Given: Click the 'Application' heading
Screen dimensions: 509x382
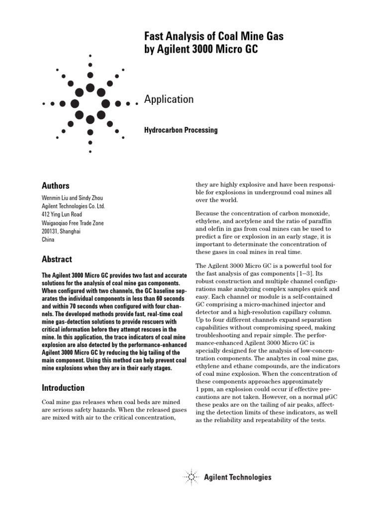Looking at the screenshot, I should (169, 99).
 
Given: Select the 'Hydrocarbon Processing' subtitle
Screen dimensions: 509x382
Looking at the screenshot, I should (181, 130).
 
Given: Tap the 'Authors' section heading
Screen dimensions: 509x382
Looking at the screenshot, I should (55, 185).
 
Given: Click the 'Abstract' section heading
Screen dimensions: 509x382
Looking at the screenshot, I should (57, 259).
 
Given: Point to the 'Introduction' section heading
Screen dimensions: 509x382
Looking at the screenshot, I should (63, 388).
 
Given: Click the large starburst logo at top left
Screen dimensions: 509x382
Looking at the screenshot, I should (90, 103).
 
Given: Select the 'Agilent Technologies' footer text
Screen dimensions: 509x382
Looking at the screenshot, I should (238, 477).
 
